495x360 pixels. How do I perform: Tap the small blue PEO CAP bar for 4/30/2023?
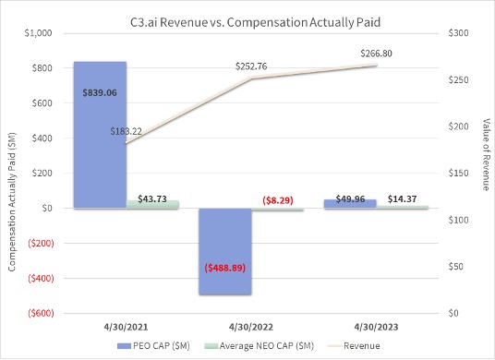(351, 203)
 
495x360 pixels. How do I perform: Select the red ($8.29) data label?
(278, 198)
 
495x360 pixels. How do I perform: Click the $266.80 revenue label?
(374, 54)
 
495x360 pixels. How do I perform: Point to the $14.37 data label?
(400, 198)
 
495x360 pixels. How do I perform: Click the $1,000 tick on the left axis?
(39, 33)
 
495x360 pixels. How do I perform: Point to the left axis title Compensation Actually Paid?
(12, 173)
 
